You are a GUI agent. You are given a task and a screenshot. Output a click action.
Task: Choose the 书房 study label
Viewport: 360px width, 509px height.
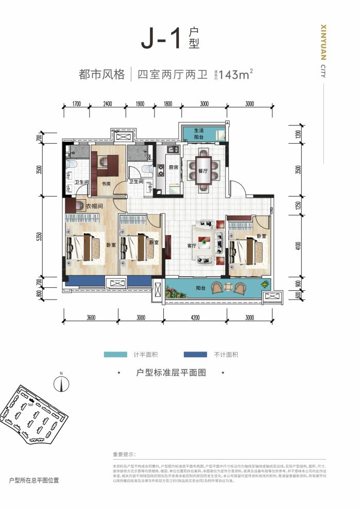[x=107, y=183]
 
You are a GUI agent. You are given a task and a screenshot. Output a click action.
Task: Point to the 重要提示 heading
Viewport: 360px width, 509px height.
[x=124, y=454]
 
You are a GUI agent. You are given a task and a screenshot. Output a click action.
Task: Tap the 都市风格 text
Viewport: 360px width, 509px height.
[x=102, y=75]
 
